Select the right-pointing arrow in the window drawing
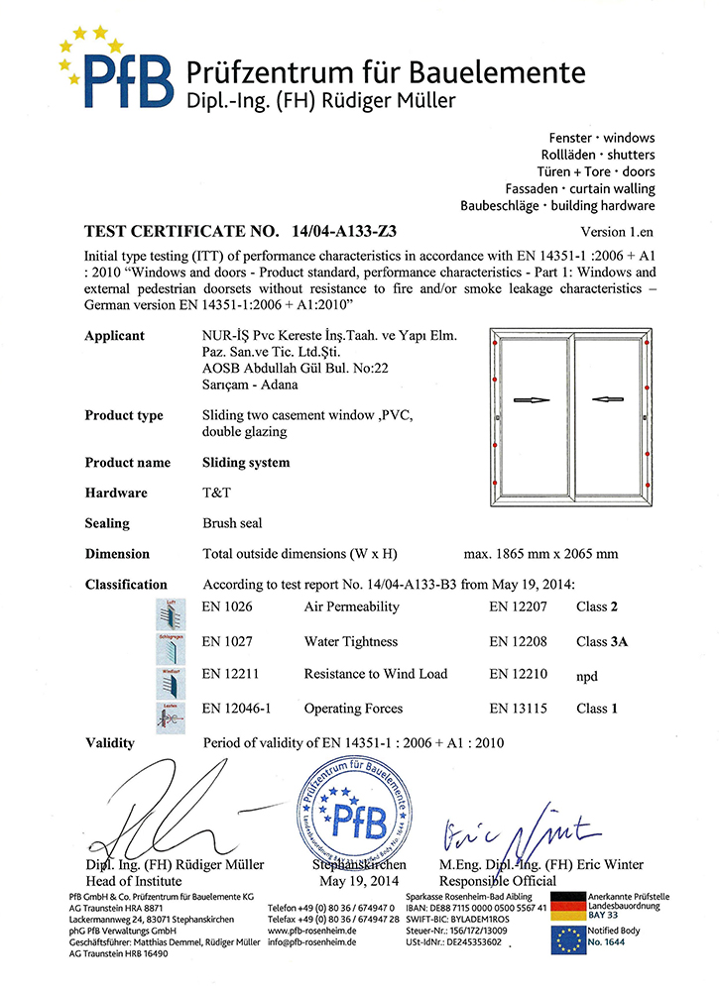coord(533,400)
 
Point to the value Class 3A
coord(602,641)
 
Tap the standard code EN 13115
coord(520,709)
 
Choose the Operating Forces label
coord(353,709)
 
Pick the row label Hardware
coord(116,493)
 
